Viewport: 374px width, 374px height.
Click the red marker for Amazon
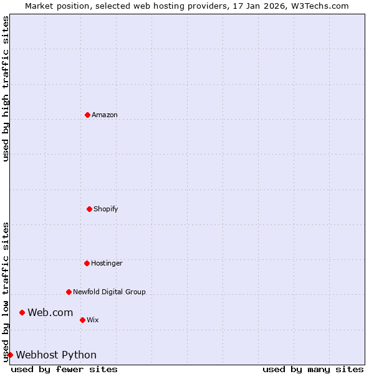click(x=87, y=115)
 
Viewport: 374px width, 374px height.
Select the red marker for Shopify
click(x=89, y=209)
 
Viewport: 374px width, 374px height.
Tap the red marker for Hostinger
click(x=87, y=263)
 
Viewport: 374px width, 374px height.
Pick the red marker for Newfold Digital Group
click(x=69, y=292)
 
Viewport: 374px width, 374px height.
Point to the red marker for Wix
click(x=82, y=320)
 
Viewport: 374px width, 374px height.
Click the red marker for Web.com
click(x=22, y=312)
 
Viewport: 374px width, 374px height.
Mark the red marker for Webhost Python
click(x=10, y=355)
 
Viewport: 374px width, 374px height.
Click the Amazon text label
click(x=105, y=115)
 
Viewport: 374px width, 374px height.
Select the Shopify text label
click(x=106, y=209)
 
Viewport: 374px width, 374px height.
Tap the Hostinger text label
click(x=107, y=263)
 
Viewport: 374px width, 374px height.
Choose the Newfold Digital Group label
click(x=109, y=292)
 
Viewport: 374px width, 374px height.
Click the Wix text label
click(x=92, y=320)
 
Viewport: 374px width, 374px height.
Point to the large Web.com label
click(x=50, y=312)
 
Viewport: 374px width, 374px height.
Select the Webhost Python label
click(x=56, y=355)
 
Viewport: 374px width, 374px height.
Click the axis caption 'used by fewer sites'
click(x=64, y=369)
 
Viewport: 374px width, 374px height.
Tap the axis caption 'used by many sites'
click(x=313, y=369)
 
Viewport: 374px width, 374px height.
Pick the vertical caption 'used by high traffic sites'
click(x=6, y=89)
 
